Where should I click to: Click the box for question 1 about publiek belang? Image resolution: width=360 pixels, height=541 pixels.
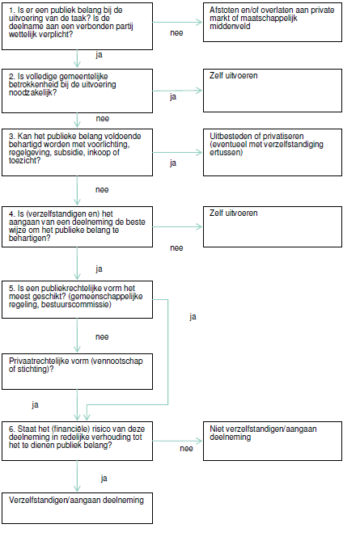(78, 26)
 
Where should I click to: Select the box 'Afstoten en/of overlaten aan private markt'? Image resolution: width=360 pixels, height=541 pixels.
(273, 23)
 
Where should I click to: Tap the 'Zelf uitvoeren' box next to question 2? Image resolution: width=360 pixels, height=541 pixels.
(273, 91)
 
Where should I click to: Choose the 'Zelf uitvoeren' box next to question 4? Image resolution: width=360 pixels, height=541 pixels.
(273, 226)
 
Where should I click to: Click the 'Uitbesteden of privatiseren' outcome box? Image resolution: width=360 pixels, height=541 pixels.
(273, 153)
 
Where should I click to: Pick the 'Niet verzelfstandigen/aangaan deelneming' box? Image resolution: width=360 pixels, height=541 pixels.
(273, 441)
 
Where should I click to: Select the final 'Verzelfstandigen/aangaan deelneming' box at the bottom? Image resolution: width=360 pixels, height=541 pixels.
(78, 508)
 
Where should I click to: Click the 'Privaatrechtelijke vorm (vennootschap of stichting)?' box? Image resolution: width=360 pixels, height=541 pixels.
(78, 372)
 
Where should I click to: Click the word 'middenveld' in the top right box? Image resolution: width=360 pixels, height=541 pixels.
(230, 26)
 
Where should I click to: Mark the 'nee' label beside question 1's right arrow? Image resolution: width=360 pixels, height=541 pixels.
(176, 33)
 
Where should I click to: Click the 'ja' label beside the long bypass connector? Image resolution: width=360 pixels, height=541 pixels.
(193, 317)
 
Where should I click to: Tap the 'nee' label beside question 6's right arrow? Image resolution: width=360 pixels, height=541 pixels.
(186, 449)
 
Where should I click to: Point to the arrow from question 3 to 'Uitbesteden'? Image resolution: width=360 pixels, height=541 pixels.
(177, 152)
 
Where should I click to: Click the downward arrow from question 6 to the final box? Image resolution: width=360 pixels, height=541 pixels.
(78, 476)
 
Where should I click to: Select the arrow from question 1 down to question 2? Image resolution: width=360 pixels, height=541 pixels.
(78, 59)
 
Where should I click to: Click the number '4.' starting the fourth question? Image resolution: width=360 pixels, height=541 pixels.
(12, 214)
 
